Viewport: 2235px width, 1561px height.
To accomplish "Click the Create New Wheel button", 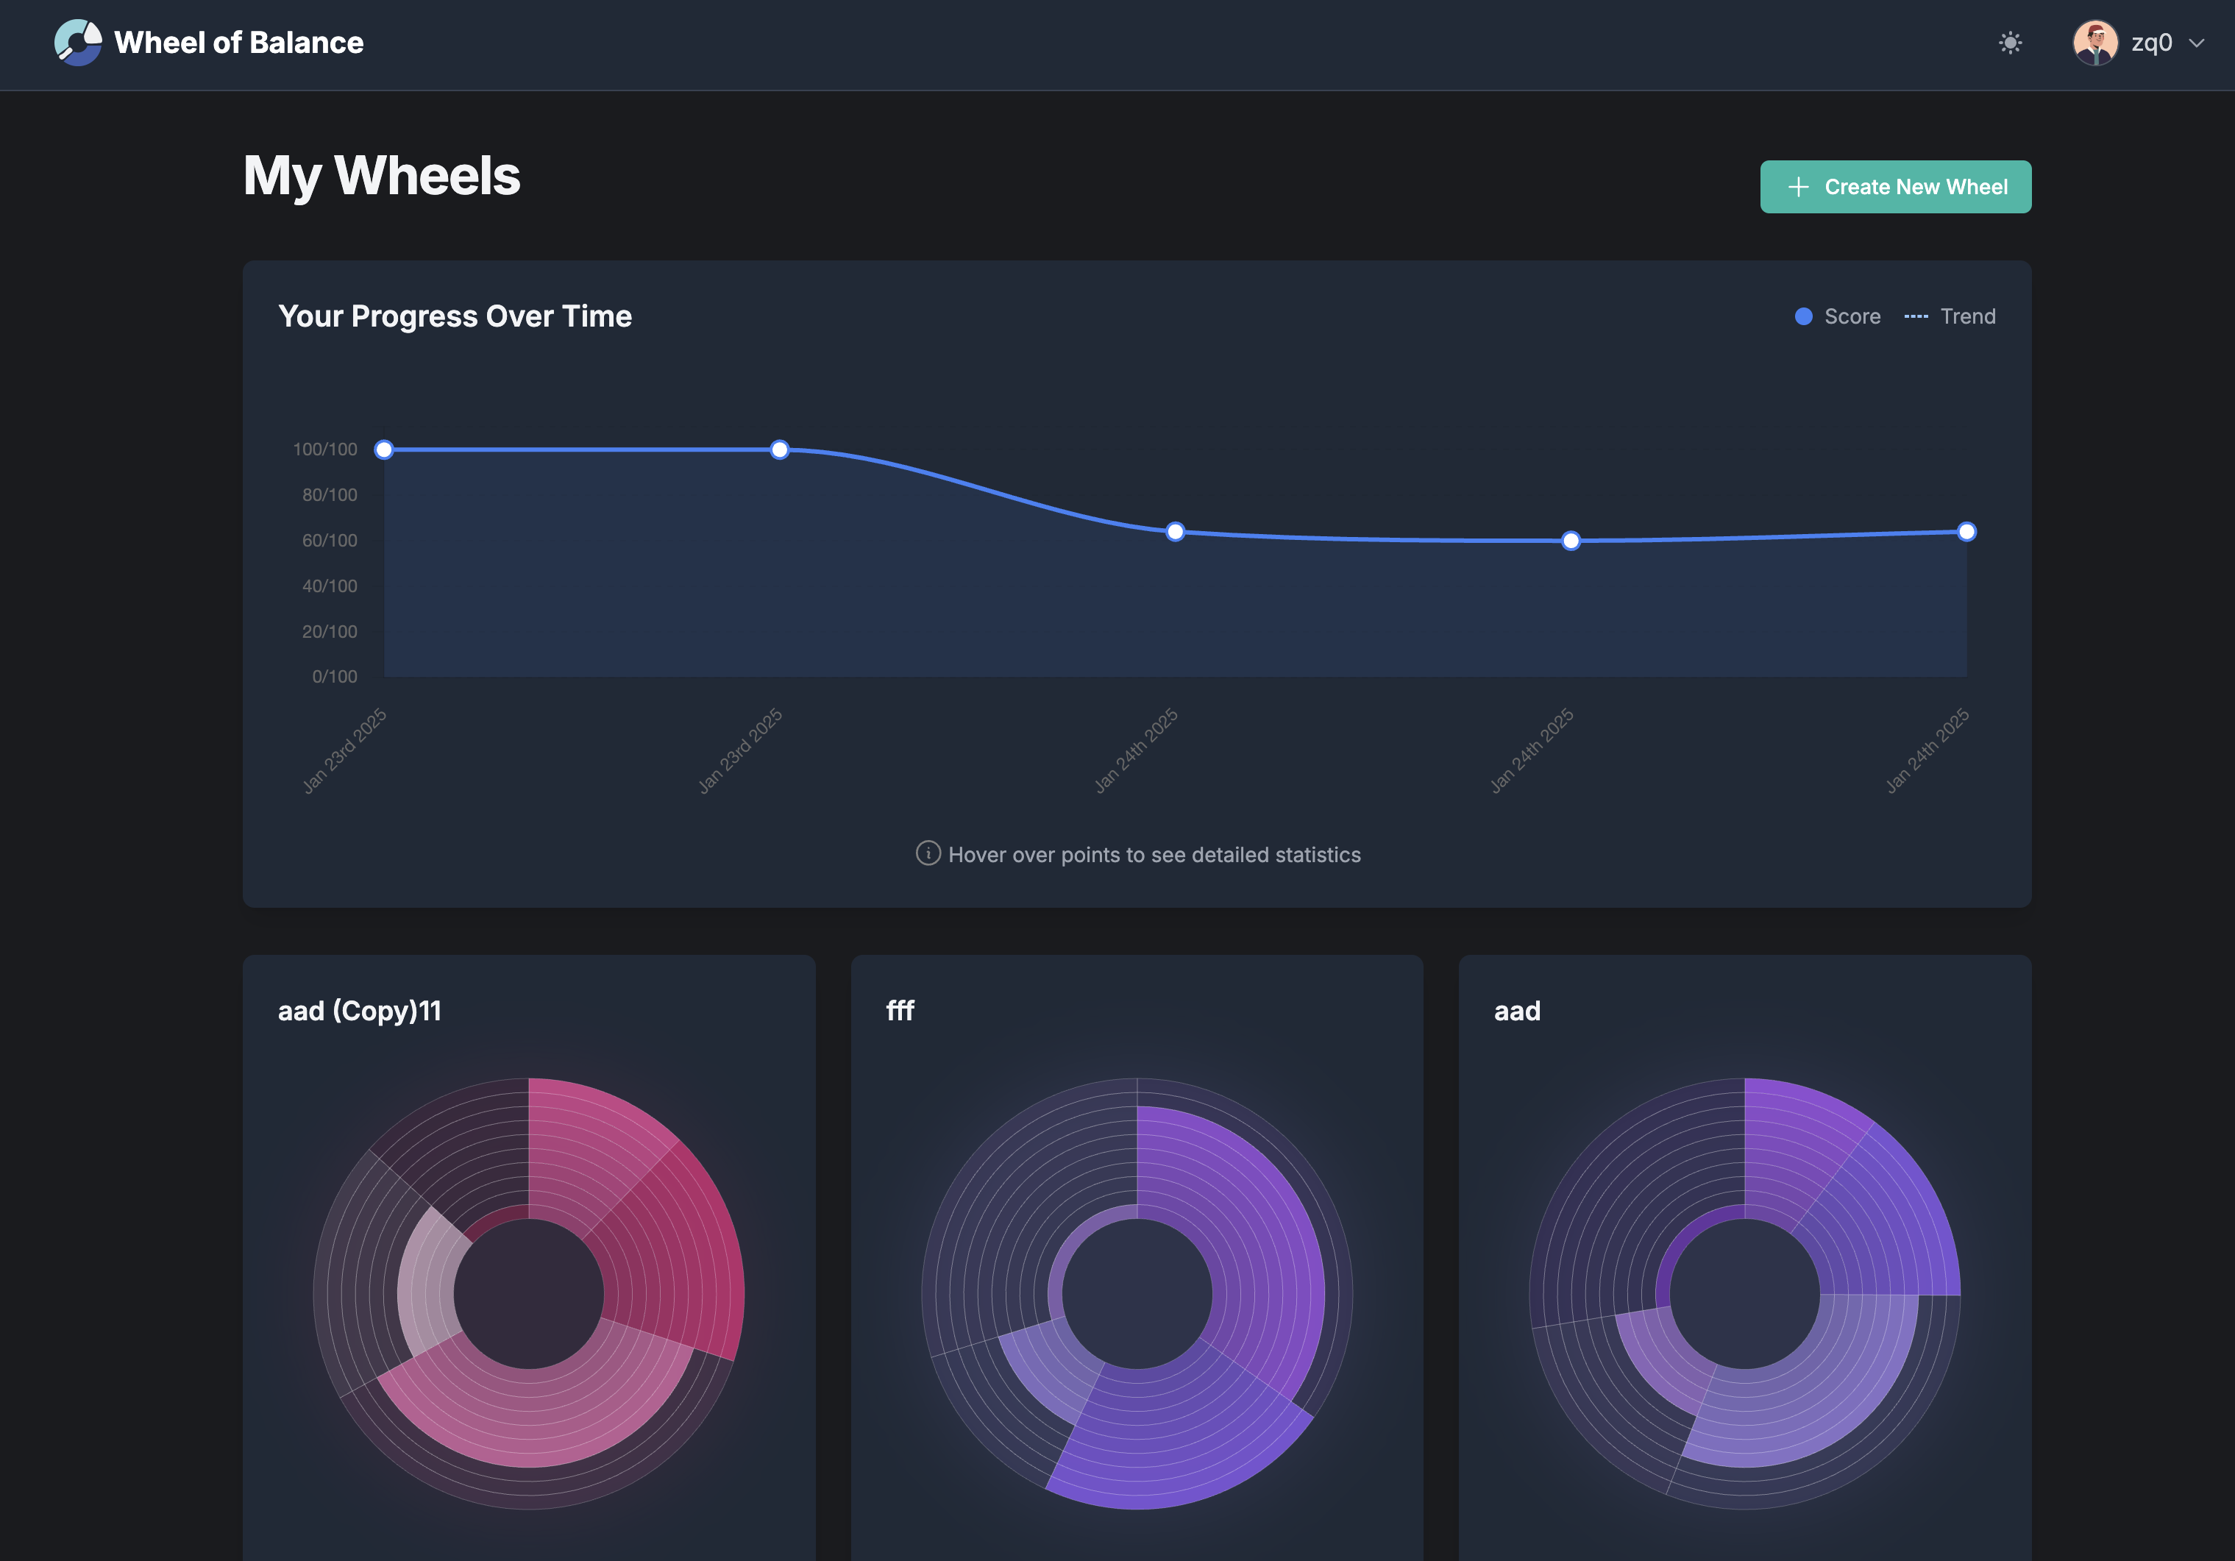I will pos(1894,187).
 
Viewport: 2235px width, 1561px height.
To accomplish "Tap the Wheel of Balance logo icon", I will pos(78,43).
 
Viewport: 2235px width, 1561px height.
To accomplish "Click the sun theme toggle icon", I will pos(2009,43).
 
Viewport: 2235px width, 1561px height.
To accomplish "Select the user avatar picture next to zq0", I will pos(2094,43).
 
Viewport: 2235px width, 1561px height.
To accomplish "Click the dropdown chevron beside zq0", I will pos(2196,43).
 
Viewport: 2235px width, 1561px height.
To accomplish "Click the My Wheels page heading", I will pos(382,176).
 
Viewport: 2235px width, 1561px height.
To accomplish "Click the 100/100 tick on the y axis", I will pos(325,449).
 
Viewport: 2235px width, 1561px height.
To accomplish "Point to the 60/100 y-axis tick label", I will pos(329,540).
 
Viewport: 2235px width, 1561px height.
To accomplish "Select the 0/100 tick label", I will pos(334,676).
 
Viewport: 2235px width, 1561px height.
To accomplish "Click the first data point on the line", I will pos(385,449).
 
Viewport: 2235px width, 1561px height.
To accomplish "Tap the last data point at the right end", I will pos(1966,531).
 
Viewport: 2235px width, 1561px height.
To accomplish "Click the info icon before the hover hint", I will pos(928,853).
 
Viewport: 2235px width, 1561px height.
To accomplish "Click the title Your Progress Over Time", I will pos(455,316).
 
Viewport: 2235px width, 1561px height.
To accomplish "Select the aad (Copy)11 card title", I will pos(359,1011).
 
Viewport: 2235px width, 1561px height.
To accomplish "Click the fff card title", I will pos(900,1011).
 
